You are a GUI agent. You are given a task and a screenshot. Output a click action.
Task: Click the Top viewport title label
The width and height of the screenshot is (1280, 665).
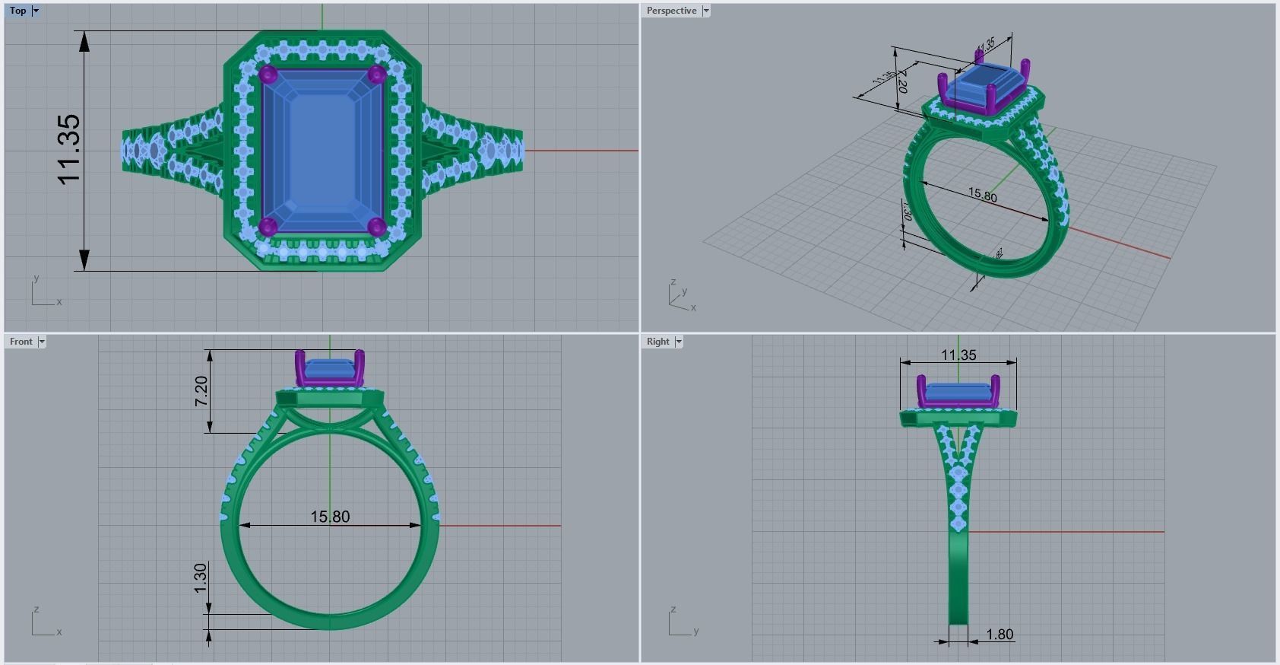(17, 11)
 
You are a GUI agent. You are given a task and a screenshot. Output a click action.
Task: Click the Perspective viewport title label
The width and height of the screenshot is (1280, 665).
(671, 11)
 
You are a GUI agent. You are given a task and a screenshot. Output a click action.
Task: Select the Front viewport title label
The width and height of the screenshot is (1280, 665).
(21, 342)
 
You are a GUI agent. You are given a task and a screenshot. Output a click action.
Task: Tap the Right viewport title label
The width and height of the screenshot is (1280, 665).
(657, 342)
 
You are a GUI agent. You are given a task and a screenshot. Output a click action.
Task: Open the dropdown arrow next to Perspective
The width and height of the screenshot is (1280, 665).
(706, 11)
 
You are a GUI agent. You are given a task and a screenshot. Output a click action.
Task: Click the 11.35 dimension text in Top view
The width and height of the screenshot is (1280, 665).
(68, 149)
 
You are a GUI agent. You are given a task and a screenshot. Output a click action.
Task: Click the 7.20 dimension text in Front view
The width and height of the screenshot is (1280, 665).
(201, 391)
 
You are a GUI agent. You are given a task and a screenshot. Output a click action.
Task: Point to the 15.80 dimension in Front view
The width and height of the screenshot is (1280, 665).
(330, 517)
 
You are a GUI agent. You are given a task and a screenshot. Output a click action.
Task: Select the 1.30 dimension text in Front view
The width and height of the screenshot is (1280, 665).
(201, 578)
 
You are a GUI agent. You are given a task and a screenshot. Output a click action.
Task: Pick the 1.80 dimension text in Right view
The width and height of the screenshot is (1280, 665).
(1000, 634)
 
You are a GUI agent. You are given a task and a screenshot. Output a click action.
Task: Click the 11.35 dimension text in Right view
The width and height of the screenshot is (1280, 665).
(958, 355)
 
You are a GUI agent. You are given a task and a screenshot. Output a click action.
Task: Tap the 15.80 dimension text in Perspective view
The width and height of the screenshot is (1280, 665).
(982, 196)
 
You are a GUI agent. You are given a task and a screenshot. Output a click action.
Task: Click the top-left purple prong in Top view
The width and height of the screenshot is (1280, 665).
(268, 75)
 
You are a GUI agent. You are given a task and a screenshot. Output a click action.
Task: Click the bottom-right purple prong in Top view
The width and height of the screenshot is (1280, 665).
(377, 226)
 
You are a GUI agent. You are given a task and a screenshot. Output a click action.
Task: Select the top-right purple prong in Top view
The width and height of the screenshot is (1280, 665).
(377, 75)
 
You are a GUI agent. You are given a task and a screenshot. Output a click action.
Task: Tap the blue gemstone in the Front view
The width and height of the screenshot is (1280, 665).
(330, 369)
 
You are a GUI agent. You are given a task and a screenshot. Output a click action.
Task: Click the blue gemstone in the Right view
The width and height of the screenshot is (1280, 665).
(958, 393)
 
